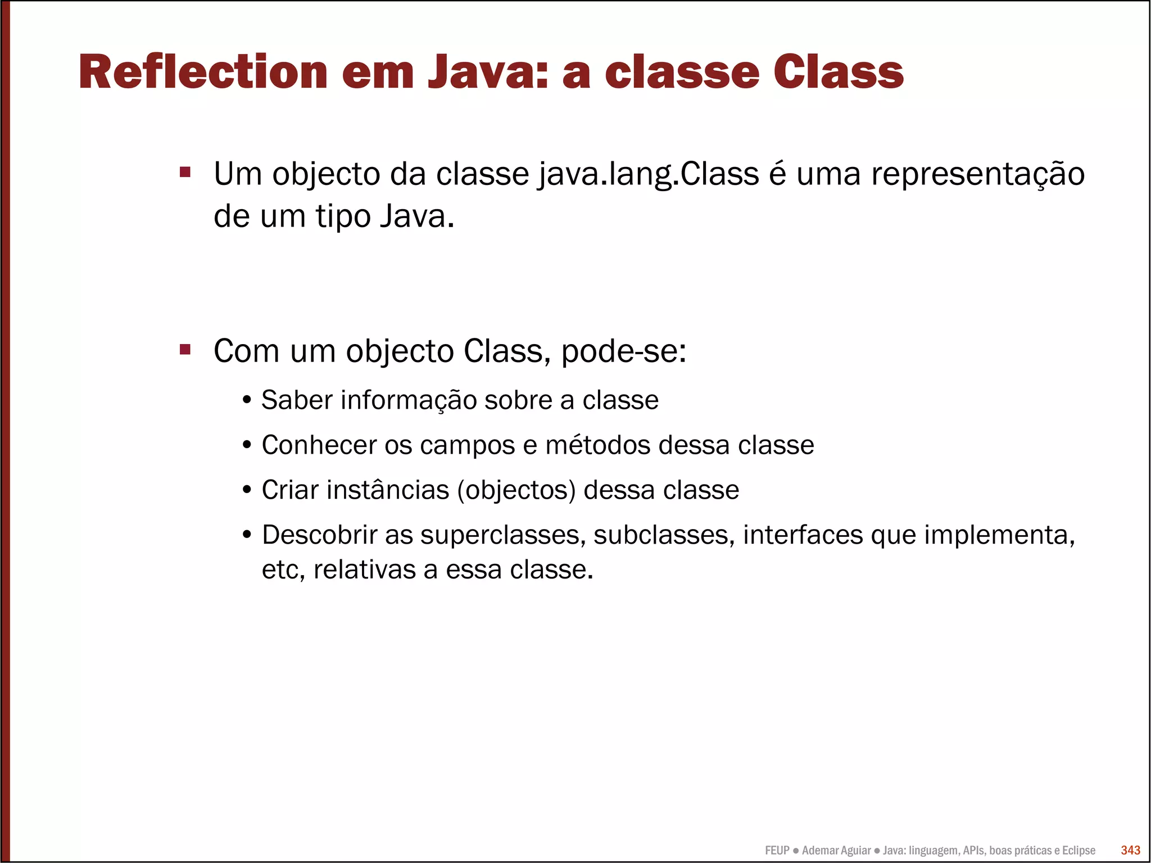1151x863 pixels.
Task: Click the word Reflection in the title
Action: coord(203,72)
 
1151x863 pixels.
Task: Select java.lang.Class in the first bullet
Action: coord(649,174)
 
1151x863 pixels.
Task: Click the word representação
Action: coord(977,174)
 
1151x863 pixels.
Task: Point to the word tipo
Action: coord(342,216)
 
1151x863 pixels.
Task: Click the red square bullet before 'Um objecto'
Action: coord(185,171)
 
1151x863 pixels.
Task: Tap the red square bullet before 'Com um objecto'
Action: coord(185,350)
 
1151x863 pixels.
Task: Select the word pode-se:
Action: coord(623,351)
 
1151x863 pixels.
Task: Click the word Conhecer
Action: coord(319,445)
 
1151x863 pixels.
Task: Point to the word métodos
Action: coord(598,445)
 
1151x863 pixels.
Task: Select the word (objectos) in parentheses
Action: coord(516,490)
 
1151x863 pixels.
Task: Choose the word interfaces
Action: coord(803,535)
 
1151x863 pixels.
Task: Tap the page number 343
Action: coord(1130,850)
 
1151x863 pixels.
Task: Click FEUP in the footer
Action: coord(777,851)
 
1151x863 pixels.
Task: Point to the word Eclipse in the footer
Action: coord(1079,851)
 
